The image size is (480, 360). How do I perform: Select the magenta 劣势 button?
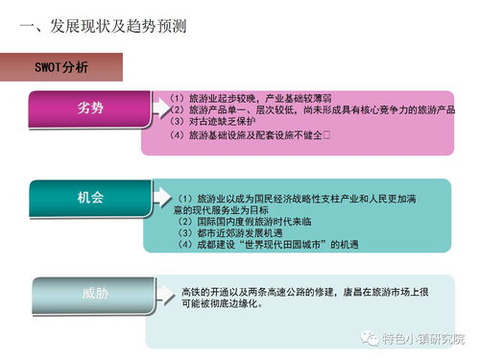click(90, 108)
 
